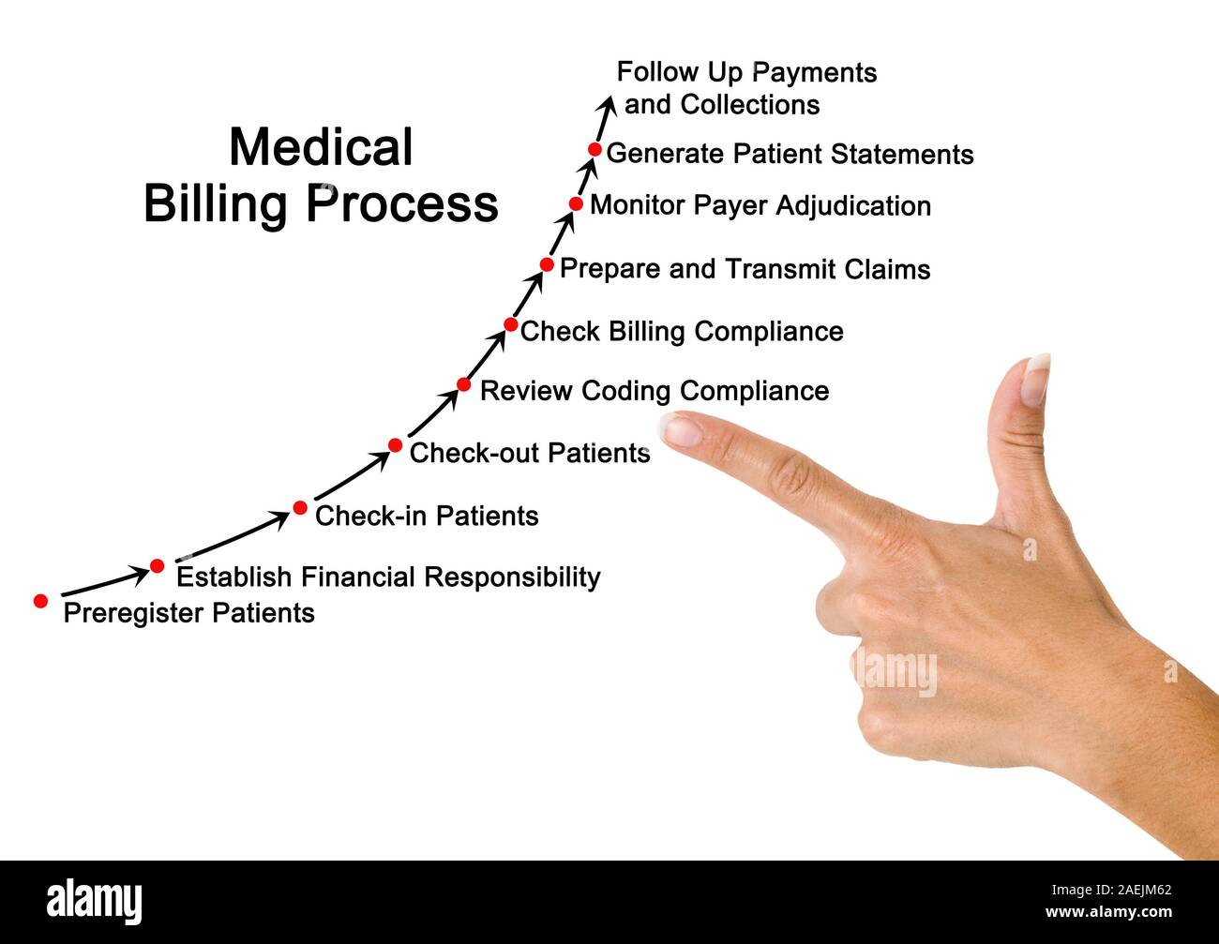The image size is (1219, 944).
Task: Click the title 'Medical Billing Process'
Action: (321, 175)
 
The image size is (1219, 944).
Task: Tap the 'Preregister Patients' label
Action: (188, 613)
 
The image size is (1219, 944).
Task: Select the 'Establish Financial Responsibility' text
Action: (388, 577)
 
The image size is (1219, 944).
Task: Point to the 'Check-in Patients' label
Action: (427, 516)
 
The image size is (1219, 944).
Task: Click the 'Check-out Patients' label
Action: (530, 453)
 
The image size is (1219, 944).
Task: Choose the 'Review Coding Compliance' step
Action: (655, 391)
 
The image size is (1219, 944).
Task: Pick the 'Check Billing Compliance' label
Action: (682, 331)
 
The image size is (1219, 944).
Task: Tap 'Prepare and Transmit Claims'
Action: (745, 269)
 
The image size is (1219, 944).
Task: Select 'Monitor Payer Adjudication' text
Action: (760, 205)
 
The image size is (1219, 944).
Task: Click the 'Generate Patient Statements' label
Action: (790, 154)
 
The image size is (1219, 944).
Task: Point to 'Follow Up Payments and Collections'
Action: (746, 88)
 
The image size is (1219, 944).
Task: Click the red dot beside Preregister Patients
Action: (40, 601)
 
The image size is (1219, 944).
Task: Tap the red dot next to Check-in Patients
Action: (300, 508)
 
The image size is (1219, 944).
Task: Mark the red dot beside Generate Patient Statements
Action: (594, 149)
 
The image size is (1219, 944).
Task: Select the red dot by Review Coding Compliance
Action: (463, 384)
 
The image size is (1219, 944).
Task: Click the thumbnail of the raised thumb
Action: (1036, 379)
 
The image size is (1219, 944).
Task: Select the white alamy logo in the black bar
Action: (94, 902)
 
